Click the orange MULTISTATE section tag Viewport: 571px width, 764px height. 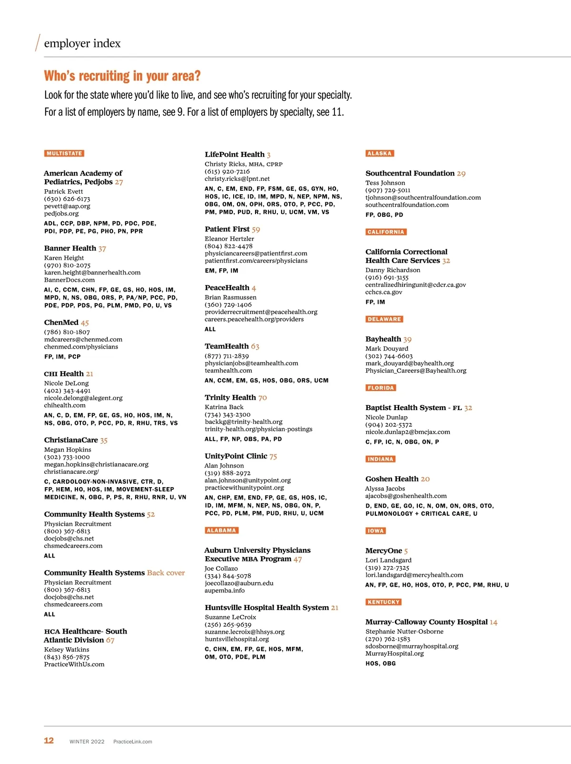(x=64, y=154)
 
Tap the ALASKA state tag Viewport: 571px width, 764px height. (x=380, y=154)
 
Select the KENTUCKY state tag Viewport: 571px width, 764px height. (x=384, y=602)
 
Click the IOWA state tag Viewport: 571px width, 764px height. (x=375, y=531)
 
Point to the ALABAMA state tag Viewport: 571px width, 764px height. (x=221, y=530)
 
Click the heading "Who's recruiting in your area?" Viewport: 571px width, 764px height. (x=122, y=76)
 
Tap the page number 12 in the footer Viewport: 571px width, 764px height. (x=49, y=741)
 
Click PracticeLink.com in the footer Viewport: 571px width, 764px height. (x=133, y=742)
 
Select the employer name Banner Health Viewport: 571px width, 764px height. (x=70, y=248)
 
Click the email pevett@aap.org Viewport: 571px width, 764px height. (x=67, y=206)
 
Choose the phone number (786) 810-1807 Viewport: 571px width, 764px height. (x=67, y=332)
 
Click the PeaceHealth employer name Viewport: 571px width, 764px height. (x=227, y=288)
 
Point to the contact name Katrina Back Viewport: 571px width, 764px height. (x=224, y=407)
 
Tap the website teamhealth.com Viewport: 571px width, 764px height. (x=228, y=371)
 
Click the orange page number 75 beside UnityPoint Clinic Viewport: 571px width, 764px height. (x=273, y=456)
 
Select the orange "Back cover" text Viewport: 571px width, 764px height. (x=166, y=573)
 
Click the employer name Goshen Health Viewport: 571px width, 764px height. (x=392, y=479)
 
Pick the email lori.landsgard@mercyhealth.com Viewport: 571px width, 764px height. (x=414, y=575)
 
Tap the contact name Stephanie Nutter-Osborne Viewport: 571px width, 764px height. (x=404, y=632)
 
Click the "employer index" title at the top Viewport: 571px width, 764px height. (x=82, y=43)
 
